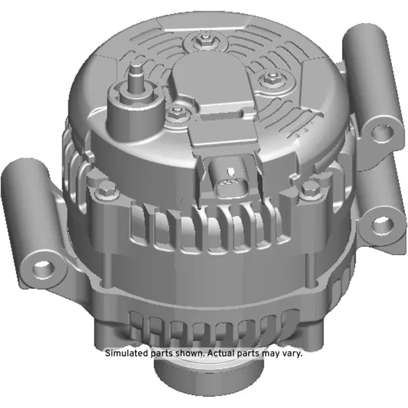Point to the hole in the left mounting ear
click(41, 266)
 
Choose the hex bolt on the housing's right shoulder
click(310, 188)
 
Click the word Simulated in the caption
click(128, 353)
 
